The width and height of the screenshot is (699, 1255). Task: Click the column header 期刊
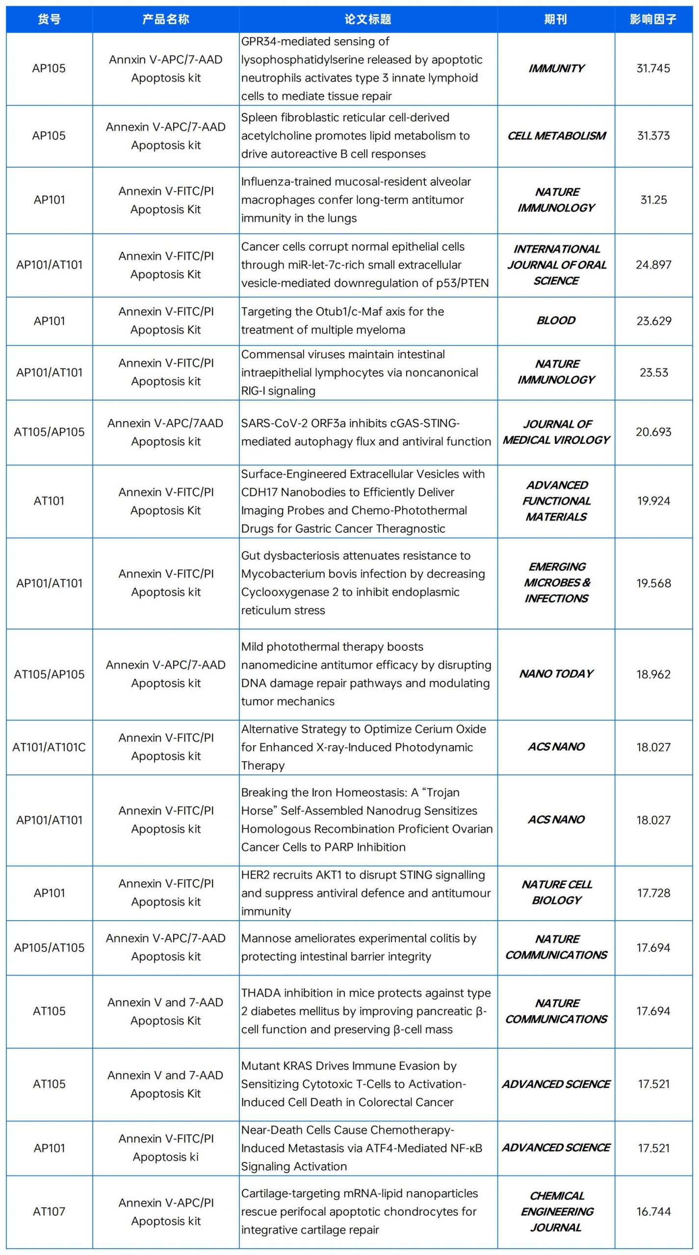tap(556, 19)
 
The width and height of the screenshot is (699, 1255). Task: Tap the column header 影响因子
tap(653, 19)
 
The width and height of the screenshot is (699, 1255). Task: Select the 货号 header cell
tap(49, 19)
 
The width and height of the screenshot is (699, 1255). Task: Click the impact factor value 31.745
tap(653, 68)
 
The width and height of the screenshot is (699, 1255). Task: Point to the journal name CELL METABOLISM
tap(556, 136)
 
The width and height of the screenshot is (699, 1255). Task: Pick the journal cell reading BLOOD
tap(556, 321)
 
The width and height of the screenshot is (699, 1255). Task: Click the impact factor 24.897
tap(653, 265)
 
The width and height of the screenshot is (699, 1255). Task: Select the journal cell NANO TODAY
tap(556, 674)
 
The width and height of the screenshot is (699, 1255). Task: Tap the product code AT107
tap(49, 1211)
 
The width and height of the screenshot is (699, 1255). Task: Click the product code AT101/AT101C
tap(49, 747)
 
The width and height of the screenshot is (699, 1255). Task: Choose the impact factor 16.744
tap(653, 1211)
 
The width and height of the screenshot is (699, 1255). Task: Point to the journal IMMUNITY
tap(556, 68)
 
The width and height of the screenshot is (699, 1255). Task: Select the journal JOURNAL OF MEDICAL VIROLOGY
tap(556, 432)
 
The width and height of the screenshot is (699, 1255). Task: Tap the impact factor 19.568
tap(653, 583)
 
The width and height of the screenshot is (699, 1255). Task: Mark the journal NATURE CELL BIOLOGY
tap(556, 892)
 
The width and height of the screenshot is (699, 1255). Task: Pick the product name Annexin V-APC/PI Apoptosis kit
tap(166, 1211)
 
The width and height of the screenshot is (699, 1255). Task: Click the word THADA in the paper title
tap(260, 993)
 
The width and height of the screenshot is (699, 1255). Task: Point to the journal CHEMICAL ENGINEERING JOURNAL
tap(556, 1211)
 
